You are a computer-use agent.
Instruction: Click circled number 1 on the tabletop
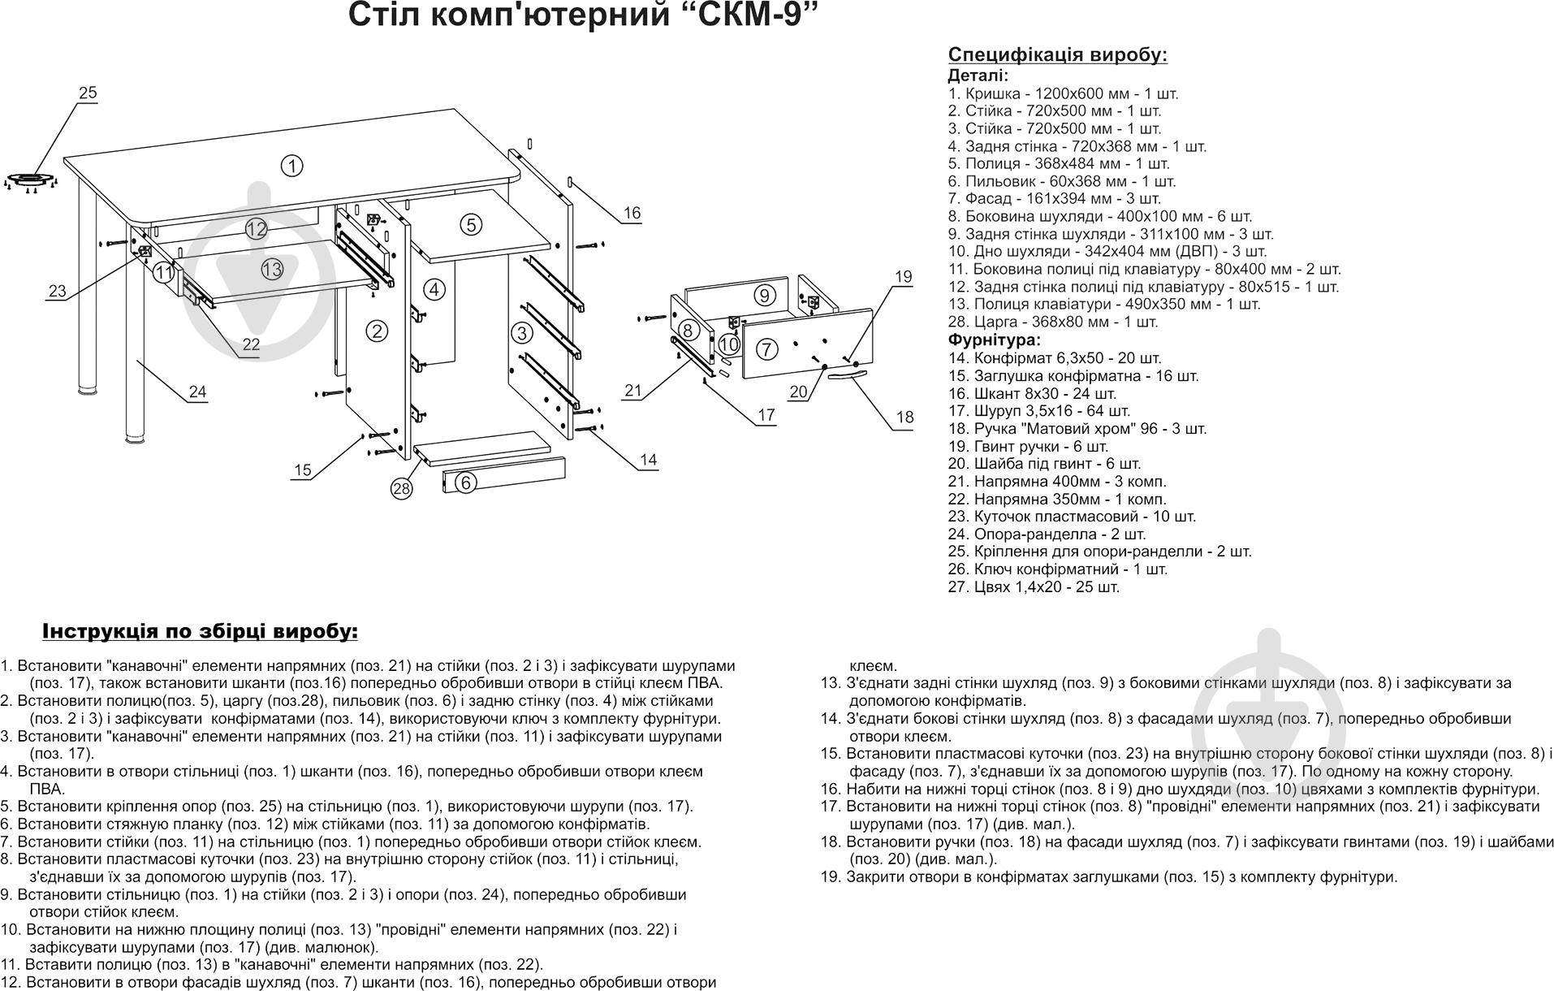coord(291,166)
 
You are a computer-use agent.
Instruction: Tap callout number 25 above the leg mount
coord(88,93)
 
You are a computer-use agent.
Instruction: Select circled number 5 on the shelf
coord(472,225)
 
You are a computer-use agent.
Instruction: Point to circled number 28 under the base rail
coord(401,489)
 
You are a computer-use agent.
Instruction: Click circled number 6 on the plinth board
coord(464,483)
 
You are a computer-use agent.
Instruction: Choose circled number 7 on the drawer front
coord(766,350)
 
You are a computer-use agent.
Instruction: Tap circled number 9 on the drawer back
coord(763,295)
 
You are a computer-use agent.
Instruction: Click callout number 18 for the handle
coord(904,418)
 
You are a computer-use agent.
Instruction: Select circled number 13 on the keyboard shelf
coord(272,269)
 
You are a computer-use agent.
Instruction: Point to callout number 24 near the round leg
coord(197,392)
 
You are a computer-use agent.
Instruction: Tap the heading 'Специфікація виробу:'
coord(1057,55)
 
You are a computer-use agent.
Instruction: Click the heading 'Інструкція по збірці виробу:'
coord(200,632)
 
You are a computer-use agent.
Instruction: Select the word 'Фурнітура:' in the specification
coord(994,340)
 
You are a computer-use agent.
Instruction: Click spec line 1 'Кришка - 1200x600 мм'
coord(1063,93)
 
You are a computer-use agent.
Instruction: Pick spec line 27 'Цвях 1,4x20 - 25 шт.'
coord(1034,586)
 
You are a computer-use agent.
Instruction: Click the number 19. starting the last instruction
coord(832,876)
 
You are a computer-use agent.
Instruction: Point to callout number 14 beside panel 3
coord(647,460)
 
